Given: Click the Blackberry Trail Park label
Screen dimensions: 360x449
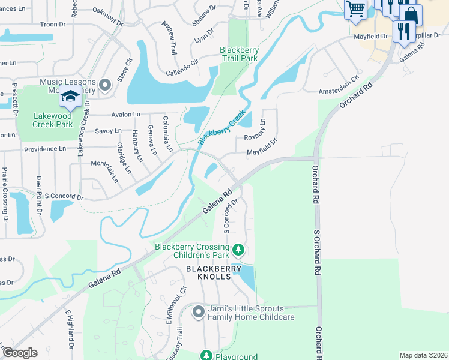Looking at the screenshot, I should (x=238, y=54).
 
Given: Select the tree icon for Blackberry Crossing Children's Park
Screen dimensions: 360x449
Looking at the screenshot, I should (x=238, y=249).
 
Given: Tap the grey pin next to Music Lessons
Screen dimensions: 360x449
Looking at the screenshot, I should (x=106, y=86).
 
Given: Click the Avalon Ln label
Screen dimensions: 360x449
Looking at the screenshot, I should (x=125, y=114).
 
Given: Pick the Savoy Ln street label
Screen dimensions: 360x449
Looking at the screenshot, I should (x=109, y=130).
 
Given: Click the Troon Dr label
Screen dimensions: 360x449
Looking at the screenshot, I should (x=52, y=24).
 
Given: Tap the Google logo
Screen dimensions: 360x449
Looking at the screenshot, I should (x=20, y=353).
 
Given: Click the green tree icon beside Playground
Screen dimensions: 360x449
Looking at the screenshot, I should (x=206, y=356).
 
